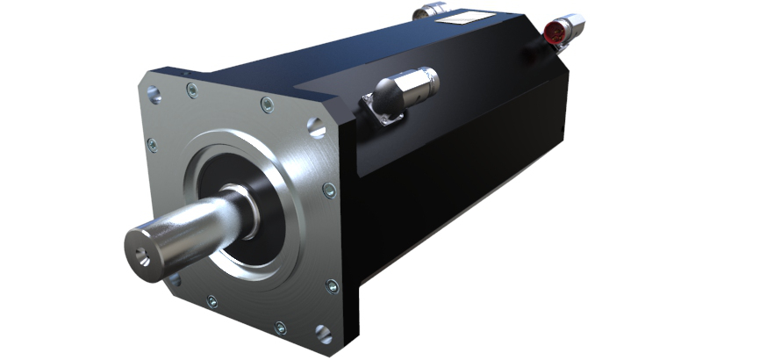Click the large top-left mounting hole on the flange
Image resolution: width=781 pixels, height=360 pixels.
coord(154,93)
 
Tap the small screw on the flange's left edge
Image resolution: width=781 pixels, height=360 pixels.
coord(153,145)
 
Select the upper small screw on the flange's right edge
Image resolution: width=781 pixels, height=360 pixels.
coord(328,189)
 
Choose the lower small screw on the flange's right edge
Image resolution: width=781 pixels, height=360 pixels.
coord(332,286)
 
